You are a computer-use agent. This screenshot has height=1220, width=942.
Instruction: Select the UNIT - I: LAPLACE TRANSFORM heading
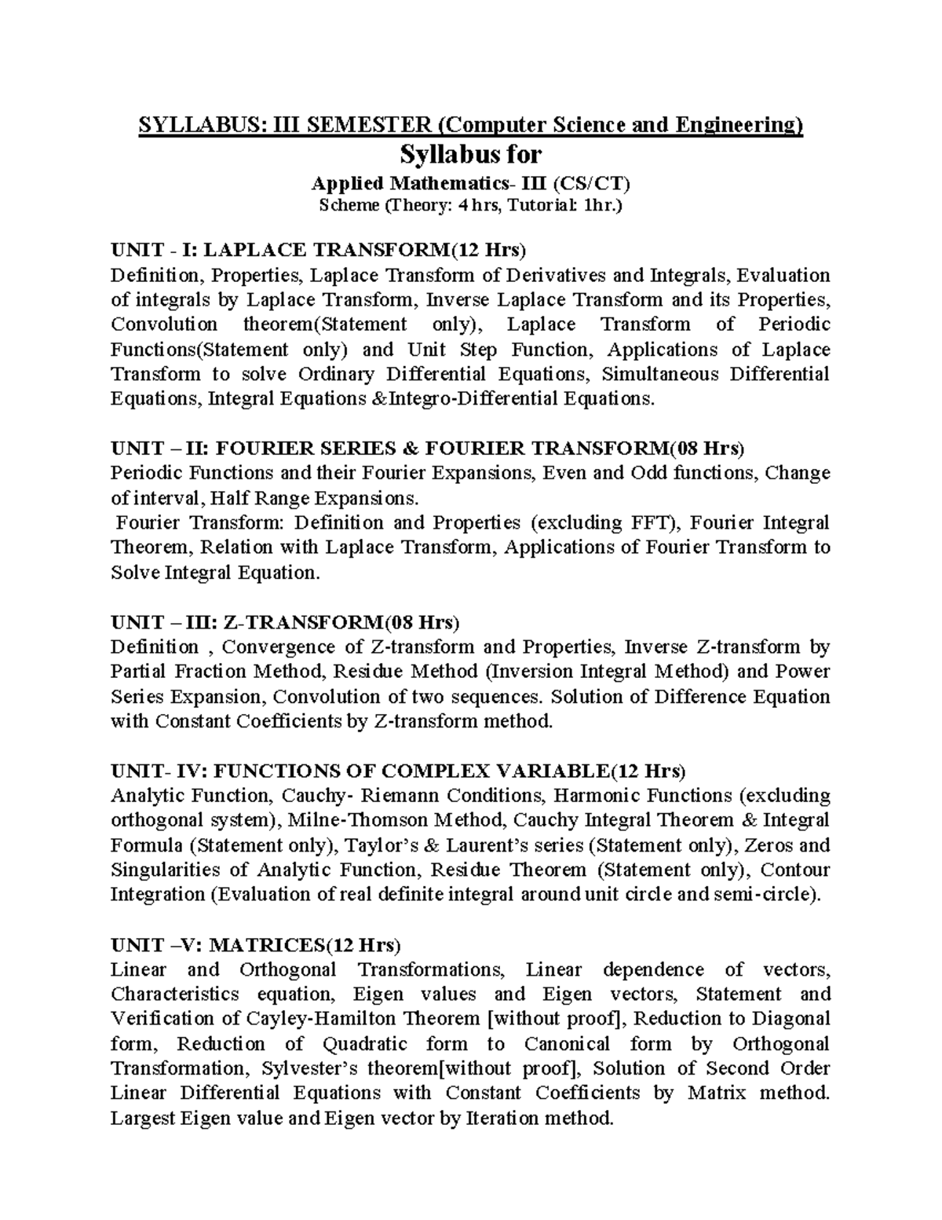coord(319,250)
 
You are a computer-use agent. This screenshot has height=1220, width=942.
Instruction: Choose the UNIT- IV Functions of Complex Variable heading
coord(398,770)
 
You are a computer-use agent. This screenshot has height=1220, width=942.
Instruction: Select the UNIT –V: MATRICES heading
coord(256,943)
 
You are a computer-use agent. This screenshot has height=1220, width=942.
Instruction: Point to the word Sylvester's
coord(304,1068)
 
